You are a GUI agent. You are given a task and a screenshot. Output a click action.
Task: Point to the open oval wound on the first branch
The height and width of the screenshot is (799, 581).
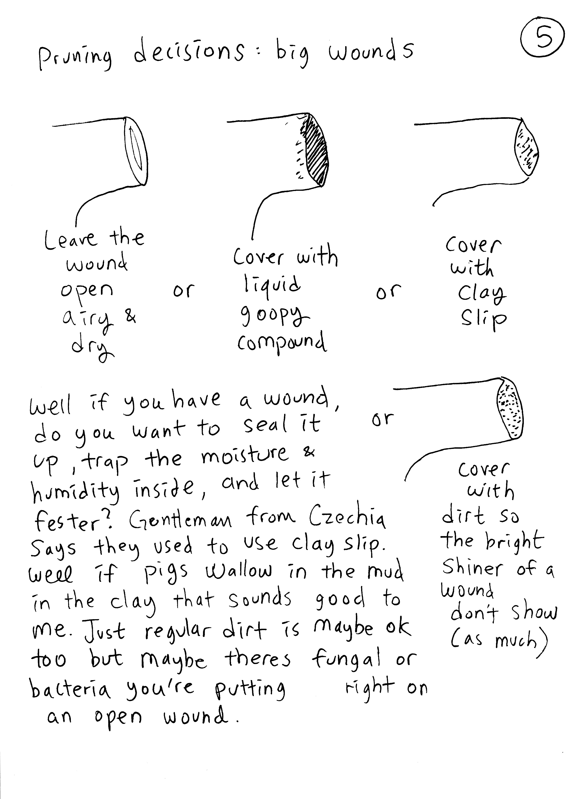tap(135, 151)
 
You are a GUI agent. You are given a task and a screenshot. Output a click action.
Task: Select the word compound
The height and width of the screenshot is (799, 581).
tap(282, 342)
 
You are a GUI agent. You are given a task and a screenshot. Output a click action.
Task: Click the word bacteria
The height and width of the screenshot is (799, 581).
tap(70, 690)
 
